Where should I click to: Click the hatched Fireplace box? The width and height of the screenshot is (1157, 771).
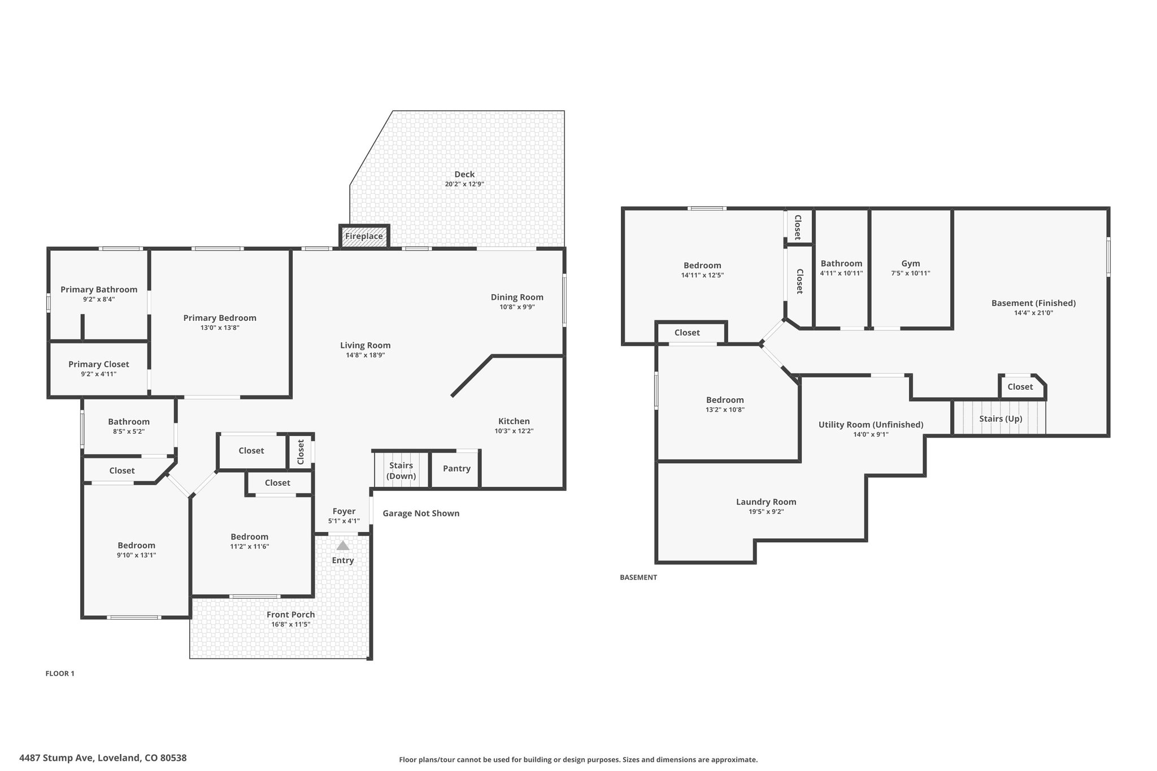coord(364,236)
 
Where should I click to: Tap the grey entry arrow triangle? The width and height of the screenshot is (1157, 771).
coord(343,546)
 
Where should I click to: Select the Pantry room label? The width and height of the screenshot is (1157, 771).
coord(456,468)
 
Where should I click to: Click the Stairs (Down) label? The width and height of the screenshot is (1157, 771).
coord(401,471)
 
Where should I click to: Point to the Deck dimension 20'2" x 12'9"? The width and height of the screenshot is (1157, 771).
coord(464,184)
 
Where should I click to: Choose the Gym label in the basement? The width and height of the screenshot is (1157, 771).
coord(911,263)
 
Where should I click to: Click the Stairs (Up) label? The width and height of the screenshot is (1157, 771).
coord(1001,419)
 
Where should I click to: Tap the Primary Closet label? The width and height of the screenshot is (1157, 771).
coord(99,364)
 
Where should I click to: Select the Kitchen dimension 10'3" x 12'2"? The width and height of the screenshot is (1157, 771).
coord(514,431)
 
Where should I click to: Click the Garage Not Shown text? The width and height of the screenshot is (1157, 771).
coord(421,513)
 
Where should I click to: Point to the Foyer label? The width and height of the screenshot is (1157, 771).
coord(344,511)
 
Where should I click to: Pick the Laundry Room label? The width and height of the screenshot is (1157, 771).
coord(766,502)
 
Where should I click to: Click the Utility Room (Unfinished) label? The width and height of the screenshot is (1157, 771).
coord(871,425)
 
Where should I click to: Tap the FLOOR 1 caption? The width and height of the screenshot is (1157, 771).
coord(60,673)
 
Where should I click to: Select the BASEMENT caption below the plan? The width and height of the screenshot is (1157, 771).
coord(638,577)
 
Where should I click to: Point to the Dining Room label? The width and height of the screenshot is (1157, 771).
coord(517,297)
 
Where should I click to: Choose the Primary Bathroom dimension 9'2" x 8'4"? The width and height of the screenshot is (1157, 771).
coord(99,299)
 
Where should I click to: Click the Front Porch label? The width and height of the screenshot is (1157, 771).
coord(291,615)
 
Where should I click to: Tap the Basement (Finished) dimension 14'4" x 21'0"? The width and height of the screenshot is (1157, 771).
coord(1034,313)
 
